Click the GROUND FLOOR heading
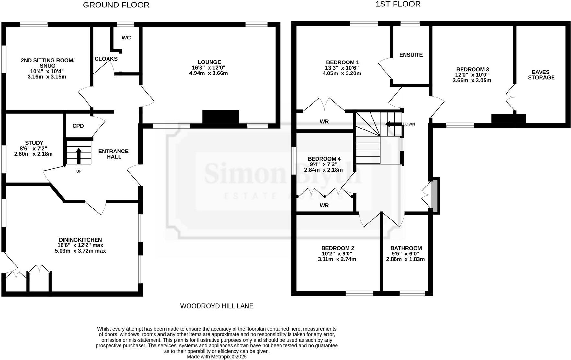[116, 5]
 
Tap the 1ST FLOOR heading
[398, 4]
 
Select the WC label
[126, 38]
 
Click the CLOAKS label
[106, 59]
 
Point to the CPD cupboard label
[78, 126]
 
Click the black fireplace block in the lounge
[221, 117]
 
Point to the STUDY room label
[34, 143]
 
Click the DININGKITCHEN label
[80, 240]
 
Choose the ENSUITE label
[411, 55]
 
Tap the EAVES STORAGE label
[541, 75]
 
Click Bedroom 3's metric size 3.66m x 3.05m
[472, 80]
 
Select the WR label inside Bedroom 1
[324, 122]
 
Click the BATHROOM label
[406, 248]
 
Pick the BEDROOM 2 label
[337, 248]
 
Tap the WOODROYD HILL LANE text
[217, 306]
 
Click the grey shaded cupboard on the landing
[434, 195]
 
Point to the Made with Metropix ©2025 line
[217, 357]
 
